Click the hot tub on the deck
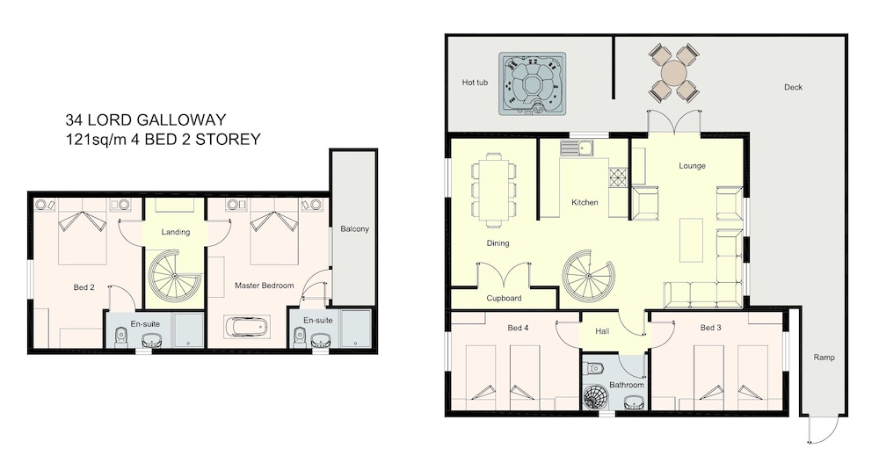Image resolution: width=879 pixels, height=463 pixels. [x=532, y=84]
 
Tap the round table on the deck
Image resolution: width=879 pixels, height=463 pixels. [x=673, y=73]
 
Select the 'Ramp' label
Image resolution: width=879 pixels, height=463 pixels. [x=825, y=357]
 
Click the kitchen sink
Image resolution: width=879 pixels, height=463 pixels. [x=577, y=148]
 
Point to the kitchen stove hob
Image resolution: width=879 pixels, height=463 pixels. [x=618, y=177]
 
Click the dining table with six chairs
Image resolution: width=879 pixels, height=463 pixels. [x=493, y=193]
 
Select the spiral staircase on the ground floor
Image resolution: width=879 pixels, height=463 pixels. [x=588, y=277]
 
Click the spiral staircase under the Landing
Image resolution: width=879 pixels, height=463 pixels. [x=174, y=277]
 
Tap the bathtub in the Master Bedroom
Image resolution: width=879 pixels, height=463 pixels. [x=247, y=326]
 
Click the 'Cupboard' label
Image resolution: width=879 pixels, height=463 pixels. [x=504, y=298]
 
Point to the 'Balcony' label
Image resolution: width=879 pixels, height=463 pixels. [x=355, y=228]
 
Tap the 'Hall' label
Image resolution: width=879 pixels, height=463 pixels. [x=602, y=331]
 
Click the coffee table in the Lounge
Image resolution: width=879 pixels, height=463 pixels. [x=691, y=241]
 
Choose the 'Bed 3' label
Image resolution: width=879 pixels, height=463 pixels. [x=710, y=328]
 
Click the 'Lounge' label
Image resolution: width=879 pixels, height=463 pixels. [x=692, y=166]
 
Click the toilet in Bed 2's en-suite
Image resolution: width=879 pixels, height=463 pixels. [x=120, y=337]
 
